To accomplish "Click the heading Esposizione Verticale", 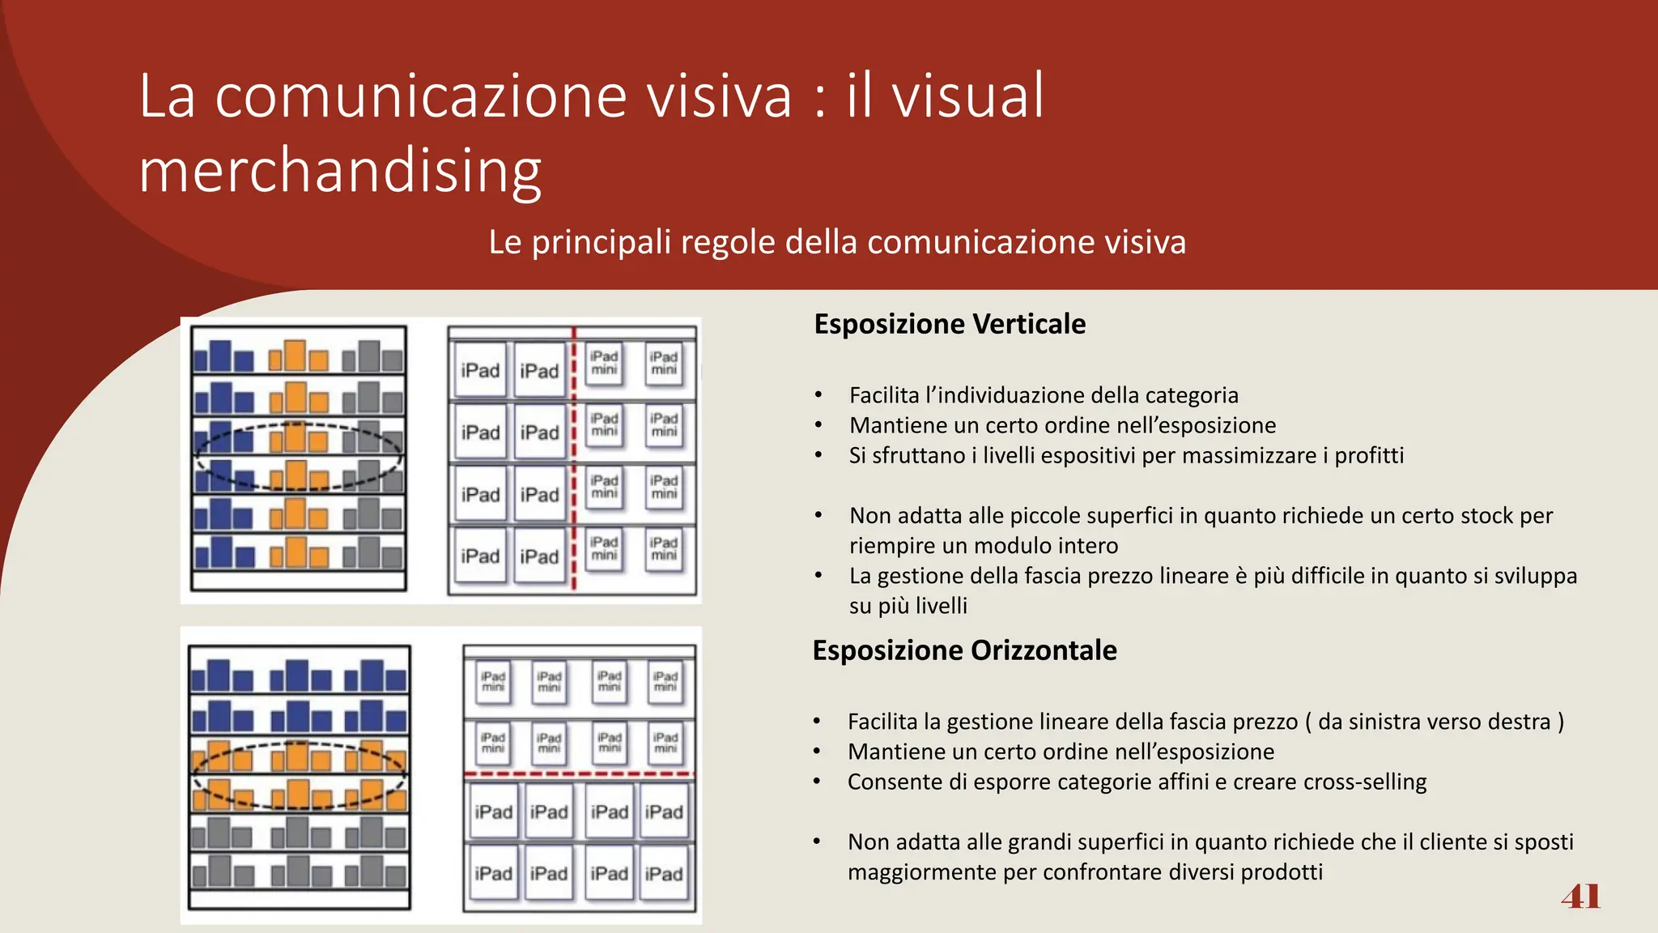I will tap(950, 324).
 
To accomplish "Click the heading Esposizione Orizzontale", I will tap(964, 650).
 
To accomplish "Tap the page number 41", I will tap(1580, 897).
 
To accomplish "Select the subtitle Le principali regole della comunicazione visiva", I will tap(837, 242).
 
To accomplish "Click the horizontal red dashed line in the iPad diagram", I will tap(579, 774).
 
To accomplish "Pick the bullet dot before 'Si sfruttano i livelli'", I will tap(818, 456).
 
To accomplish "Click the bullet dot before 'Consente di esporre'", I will tap(817, 782).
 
